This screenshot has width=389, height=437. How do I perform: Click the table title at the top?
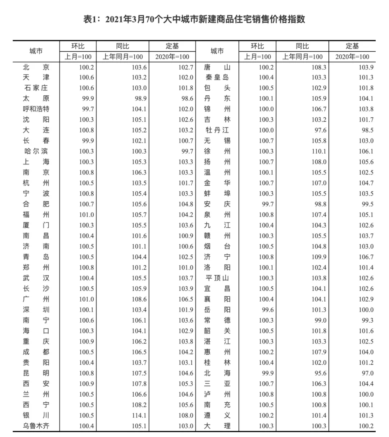click(194, 19)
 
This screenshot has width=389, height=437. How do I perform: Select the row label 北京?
click(36, 67)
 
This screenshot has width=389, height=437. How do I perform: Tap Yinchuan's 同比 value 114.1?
click(139, 415)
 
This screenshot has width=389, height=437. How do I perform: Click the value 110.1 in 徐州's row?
click(319, 152)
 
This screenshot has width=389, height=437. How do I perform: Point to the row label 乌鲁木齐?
click(36, 426)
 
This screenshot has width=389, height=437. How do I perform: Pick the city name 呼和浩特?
click(36, 109)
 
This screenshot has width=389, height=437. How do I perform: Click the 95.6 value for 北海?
click(319, 373)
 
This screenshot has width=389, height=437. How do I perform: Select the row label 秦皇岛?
click(217, 78)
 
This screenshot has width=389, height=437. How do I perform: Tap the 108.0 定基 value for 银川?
click(186, 415)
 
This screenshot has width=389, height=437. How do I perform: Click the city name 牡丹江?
click(217, 130)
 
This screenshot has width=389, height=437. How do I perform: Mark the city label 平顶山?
click(217, 278)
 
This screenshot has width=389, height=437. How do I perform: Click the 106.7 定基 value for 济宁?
click(366, 257)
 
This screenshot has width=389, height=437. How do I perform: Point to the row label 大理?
click(217, 426)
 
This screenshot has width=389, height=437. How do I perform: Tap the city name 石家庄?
click(36, 88)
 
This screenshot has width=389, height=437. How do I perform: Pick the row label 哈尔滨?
click(36, 152)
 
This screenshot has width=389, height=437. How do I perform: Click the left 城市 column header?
click(36, 51)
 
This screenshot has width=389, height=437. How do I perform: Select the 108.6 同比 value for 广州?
click(139, 299)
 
